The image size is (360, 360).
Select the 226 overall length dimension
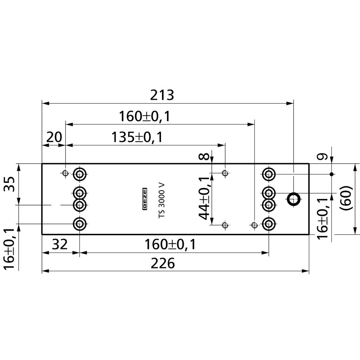pos(162,263)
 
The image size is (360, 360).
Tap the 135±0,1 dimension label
pos(137,137)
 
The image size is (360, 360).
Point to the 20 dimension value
pos(54,137)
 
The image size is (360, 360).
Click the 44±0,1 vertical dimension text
pos(206,198)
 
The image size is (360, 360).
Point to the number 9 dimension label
pos(324,156)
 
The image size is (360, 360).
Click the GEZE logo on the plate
pos(144,199)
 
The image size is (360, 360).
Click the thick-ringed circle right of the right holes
pos(293,199)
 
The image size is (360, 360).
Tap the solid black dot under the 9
pos(332,174)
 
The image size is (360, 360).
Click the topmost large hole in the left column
pos(80,173)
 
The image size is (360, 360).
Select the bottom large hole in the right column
pos(269,223)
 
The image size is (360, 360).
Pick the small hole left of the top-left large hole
pos(65,173)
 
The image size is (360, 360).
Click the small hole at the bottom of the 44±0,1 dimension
pos(225,225)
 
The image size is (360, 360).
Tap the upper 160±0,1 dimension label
pos(144,116)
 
